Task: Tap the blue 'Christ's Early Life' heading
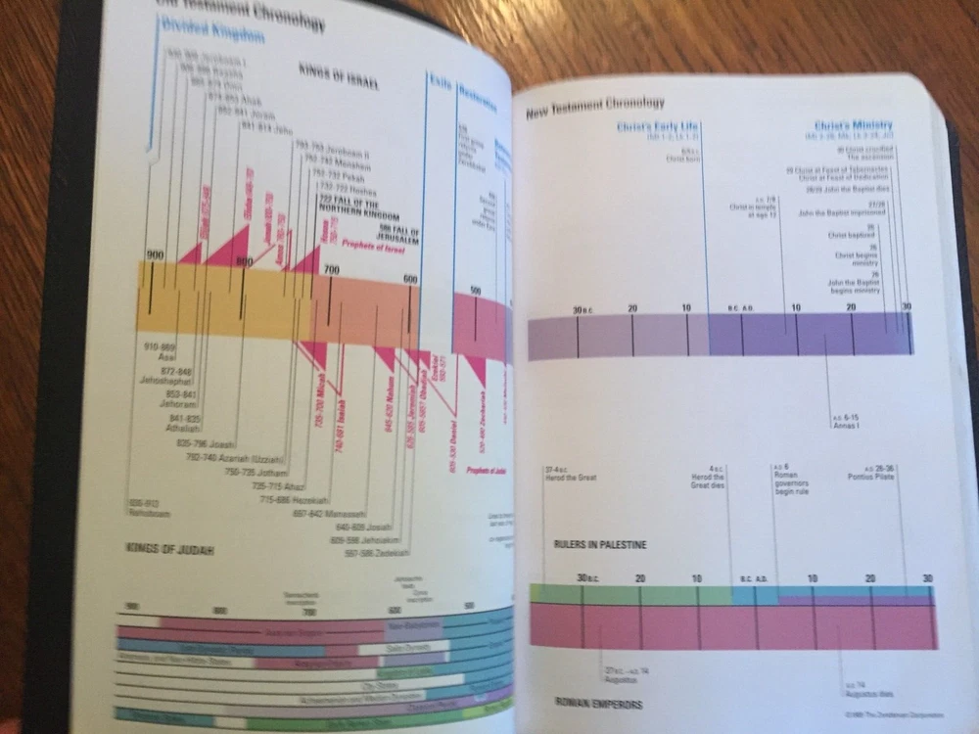pyautogui.click(x=658, y=128)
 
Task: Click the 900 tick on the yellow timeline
pyautogui.click(x=155, y=256)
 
